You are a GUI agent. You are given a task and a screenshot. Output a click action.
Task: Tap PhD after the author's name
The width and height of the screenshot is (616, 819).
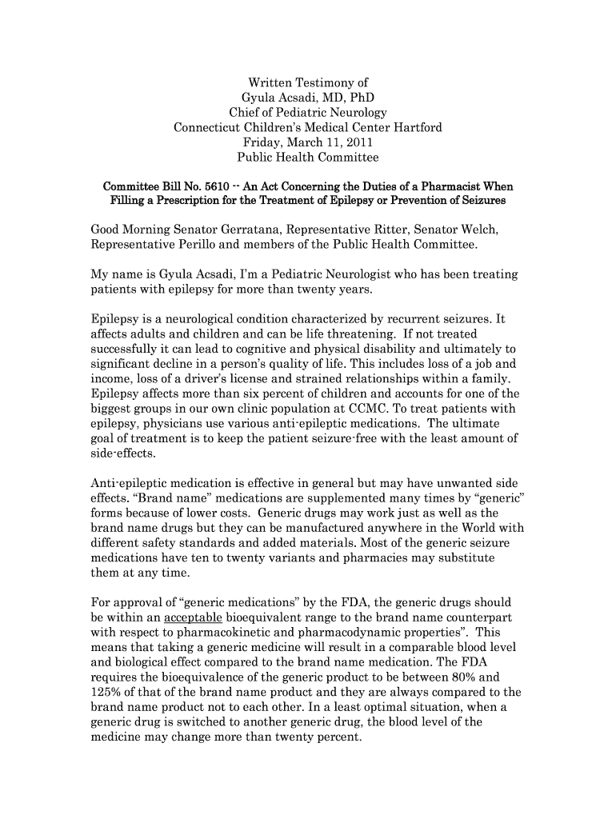click(358, 98)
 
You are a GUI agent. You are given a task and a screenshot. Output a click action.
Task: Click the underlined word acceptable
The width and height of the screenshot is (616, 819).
click(193, 618)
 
